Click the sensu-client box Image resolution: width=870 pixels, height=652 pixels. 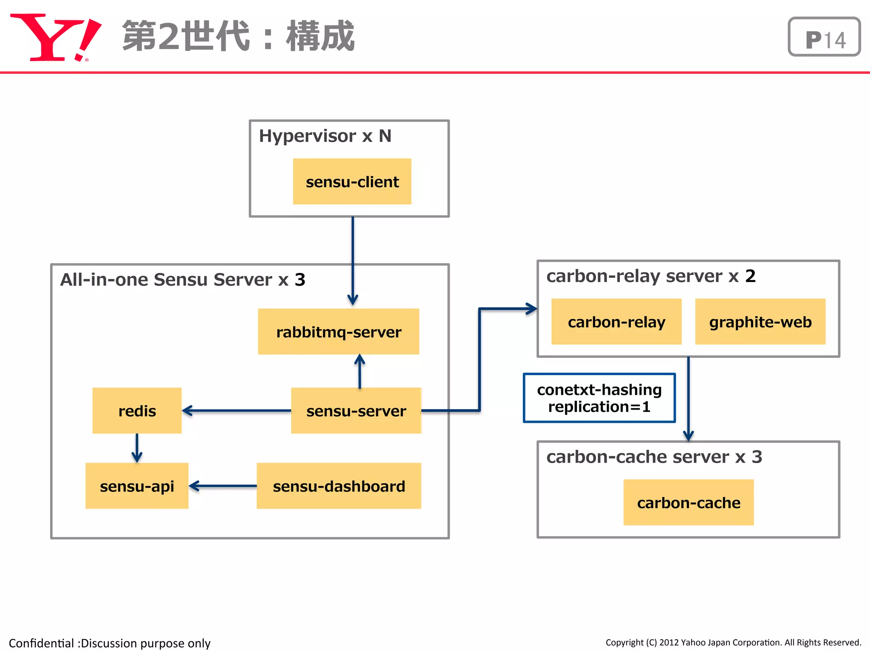pos(352,182)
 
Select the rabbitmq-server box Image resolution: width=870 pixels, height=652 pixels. pos(338,332)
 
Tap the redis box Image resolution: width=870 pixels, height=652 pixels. pos(137,410)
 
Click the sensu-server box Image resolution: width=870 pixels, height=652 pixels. pos(356,410)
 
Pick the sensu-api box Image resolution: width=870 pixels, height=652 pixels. pos(137,486)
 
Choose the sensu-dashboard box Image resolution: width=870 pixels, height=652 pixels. pos(339,486)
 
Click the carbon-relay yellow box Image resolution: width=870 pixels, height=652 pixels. pos(616,322)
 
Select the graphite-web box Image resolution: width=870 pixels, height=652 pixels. pos(760,322)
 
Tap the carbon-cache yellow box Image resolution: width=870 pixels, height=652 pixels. pos(688,503)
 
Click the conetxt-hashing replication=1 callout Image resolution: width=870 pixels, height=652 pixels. pos(599,398)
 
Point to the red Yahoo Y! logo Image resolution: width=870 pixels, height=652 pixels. pos(55,37)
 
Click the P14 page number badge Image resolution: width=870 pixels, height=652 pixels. pos(824,37)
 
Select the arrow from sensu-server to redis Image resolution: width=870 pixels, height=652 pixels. pos(236,410)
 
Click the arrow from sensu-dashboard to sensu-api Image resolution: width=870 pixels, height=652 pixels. pos(223,486)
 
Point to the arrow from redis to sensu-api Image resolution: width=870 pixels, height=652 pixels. pos(137,448)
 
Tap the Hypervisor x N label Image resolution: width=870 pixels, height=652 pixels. pos(325,136)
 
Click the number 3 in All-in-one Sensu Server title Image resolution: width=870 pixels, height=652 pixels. pos(300,280)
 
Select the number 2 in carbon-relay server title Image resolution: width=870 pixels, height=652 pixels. pos(750,276)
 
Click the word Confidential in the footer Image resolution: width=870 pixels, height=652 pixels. pos(41,643)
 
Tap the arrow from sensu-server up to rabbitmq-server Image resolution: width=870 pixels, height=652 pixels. pos(360,371)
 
